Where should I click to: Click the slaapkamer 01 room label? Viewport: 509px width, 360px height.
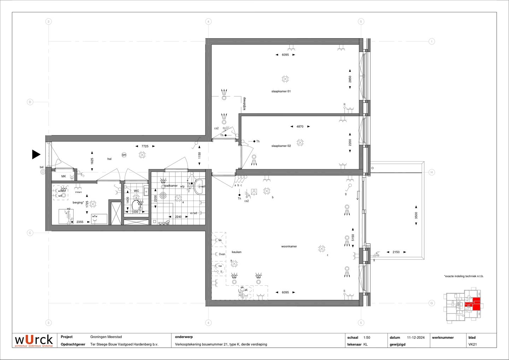point(281,91)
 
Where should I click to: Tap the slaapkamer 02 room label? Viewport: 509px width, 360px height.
point(281,146)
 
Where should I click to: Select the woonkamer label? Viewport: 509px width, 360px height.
point(289,246)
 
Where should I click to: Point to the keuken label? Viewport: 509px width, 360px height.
point(236,252)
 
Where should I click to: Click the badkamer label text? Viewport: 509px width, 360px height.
point(171,186)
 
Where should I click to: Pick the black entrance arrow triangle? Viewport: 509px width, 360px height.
point(36,154)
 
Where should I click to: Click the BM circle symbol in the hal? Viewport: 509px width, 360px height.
point(124,155)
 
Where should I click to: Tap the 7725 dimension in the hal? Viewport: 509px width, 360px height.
point(145,146)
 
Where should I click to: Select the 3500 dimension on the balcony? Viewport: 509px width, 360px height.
point(416,215)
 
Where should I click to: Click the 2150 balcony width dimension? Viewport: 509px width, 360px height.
point(396,252)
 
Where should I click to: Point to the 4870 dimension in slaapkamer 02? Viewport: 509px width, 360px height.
point(300,127)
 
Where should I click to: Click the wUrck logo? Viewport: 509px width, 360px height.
point(34,340)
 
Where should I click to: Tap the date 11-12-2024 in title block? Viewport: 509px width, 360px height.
point(416,337)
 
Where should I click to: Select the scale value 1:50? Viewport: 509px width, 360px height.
point(367,337)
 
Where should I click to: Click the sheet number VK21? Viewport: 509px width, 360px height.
point(473,344)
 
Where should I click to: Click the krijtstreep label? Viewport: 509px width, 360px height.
point(244,104)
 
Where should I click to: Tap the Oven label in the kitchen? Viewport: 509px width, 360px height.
point(222,254)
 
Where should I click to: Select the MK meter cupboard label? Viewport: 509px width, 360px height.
point(64,176)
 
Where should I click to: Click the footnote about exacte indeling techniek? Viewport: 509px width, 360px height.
point(464,276)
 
